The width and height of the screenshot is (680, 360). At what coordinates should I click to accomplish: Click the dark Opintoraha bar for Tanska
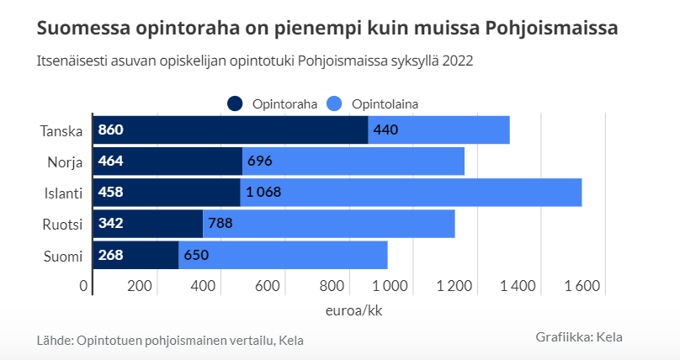tap(230, 130)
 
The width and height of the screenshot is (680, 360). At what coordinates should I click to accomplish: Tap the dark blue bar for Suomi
tap(135, 255)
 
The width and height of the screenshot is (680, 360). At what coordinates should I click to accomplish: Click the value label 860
tap(110, 130)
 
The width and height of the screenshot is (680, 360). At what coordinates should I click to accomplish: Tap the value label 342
tap(110, 224)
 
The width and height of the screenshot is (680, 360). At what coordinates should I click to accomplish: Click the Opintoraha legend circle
tap(235, 103)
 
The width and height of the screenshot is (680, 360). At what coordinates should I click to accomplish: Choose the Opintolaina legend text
tap(385, 103)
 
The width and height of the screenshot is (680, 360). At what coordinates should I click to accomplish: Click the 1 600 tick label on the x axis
tap(581, 286)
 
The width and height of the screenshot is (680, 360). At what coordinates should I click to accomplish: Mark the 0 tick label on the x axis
tap(84, 286)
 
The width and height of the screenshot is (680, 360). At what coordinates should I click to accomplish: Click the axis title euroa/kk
tap(354, 310)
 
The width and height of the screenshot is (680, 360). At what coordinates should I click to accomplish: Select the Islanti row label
tap(63, 193)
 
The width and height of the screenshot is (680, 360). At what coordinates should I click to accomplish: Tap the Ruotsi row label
tap(62, 224)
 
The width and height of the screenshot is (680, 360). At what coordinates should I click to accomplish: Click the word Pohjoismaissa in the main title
tap(552, 29)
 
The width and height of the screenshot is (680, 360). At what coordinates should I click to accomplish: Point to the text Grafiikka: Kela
tap(579, 336)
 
